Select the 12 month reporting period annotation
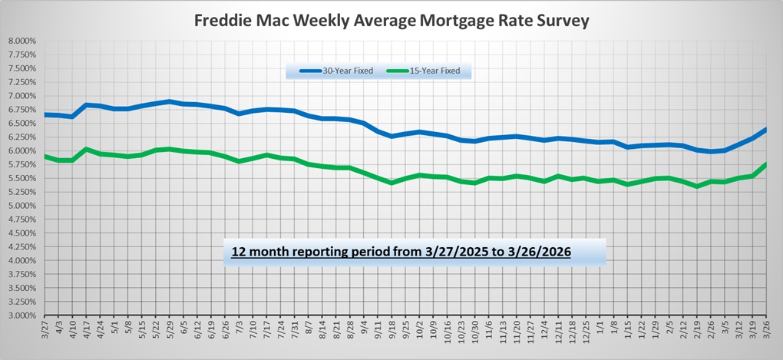[x=401, y=252]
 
